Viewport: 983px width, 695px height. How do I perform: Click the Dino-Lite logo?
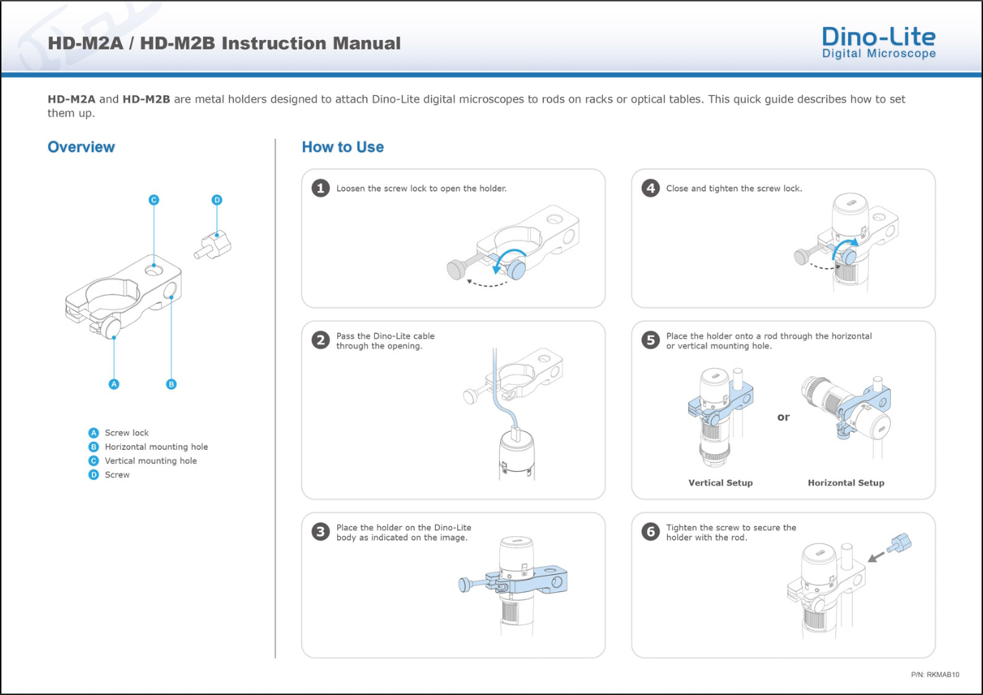tap(879, 42)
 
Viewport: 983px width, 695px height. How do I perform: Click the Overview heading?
tap(81, 147)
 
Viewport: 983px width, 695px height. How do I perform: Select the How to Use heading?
tap(343, 147)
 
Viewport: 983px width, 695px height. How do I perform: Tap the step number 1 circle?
tap(321, 189)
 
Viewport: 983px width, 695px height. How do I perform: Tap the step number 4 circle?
tap(650, 189)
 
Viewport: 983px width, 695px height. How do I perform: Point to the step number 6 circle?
tap(650, 531)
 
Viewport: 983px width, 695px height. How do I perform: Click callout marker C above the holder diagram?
tap(154, 200)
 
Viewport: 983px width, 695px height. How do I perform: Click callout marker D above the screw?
tap(216, 200)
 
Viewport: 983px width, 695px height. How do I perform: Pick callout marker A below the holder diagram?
tap(114, 384)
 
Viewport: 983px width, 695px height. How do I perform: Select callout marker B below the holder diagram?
tap(171, 384)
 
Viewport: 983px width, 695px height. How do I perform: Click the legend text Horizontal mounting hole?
tap(156, 447)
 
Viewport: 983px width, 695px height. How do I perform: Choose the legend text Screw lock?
tap(127, 433)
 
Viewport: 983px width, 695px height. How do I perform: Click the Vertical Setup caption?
tap(721, 483)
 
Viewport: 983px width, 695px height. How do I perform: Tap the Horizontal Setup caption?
tap(846, 483)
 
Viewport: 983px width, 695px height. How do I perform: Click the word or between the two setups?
tap(783, 417)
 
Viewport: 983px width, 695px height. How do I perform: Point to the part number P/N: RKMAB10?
tap(935, 674)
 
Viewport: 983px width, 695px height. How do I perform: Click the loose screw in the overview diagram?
tap(213, 245)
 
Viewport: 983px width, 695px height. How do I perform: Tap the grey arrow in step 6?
tap(877, 556)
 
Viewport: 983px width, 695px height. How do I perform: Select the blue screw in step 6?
tap(899, 543)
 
